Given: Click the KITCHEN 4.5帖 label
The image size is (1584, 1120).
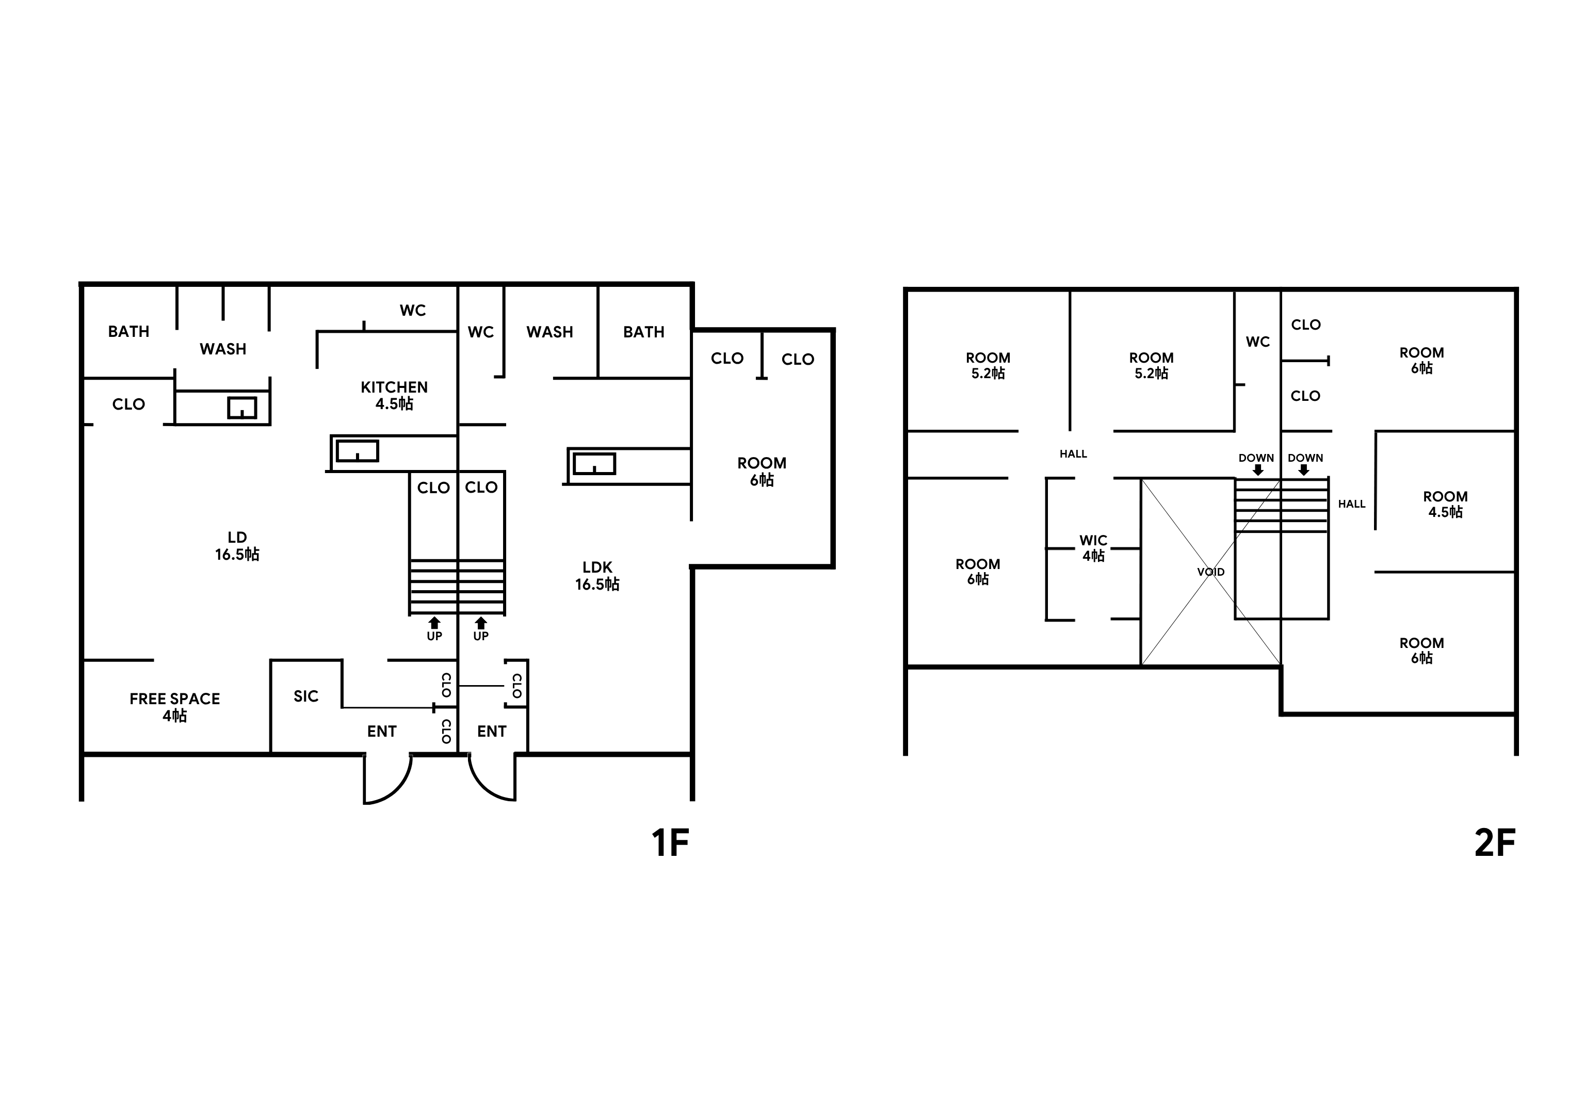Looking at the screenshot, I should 394,395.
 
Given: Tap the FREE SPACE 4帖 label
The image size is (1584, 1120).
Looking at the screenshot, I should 174,707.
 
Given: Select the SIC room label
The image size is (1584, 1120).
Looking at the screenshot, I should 305,696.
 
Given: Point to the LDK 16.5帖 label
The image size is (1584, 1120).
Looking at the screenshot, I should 597,575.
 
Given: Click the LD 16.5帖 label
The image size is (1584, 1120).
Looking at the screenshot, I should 237,545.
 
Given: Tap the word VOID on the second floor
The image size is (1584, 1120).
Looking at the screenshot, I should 1211,572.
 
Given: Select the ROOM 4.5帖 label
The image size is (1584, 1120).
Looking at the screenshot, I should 1445,504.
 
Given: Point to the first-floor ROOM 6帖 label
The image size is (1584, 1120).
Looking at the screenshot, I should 762,471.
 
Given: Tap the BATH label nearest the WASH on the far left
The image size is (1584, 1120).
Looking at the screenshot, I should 128,331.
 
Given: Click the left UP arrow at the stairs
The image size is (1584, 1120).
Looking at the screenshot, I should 434,623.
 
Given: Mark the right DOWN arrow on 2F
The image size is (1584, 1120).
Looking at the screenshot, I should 1303,469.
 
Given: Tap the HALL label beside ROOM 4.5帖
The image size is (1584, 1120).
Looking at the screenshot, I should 1351,504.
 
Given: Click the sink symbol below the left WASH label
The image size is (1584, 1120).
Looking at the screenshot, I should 242,408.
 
